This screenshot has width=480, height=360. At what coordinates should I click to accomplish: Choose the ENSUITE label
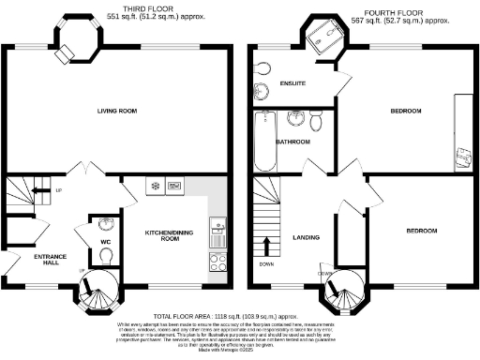point(293,84)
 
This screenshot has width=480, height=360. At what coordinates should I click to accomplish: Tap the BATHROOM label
point(292,142)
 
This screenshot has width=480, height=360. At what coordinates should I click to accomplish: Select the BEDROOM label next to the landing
point(420,231)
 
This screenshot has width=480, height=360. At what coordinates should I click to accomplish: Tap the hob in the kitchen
point(216,262)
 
